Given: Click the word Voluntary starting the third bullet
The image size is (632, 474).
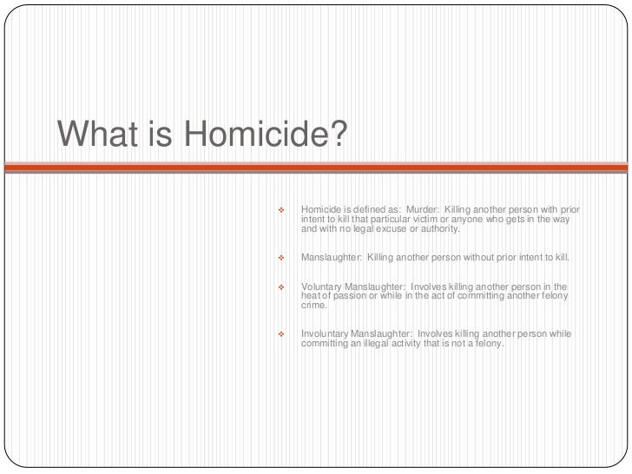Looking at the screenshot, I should pyautogui.click(x=321, y=286).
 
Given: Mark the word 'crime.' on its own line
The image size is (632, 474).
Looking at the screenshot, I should pyautogui.click(x=314, y=306).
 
